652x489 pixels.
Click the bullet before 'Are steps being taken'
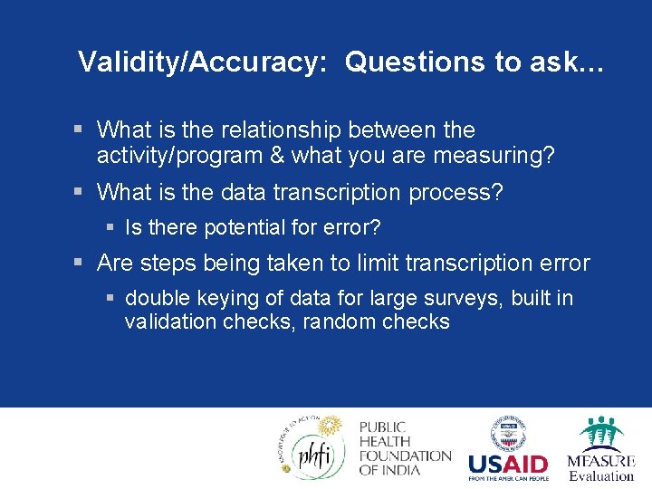[x=81, y=264]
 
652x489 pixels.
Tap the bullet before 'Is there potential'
[x=110, y=227]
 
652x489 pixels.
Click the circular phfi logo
[x=310, y=448]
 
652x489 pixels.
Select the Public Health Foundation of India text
[x=404, y=448]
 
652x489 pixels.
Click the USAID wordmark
[x=508, y=464]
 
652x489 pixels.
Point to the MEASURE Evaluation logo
[x=600, y=449]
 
